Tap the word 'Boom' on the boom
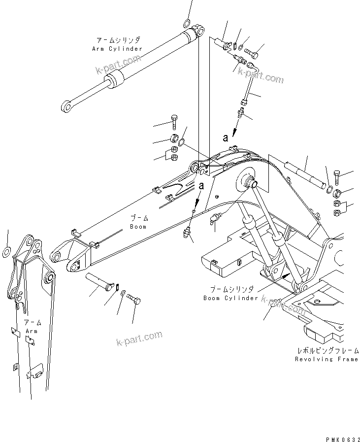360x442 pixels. (138, 227)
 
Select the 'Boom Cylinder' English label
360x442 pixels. (230, 298)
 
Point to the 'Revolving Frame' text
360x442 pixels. (327, 359)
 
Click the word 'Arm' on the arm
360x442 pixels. (31, 331)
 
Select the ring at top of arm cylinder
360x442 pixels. (187, 23)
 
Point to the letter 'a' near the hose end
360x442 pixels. (226, 138)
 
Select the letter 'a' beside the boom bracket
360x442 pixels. (201, 186)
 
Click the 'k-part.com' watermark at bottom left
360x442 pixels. (139, 339)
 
